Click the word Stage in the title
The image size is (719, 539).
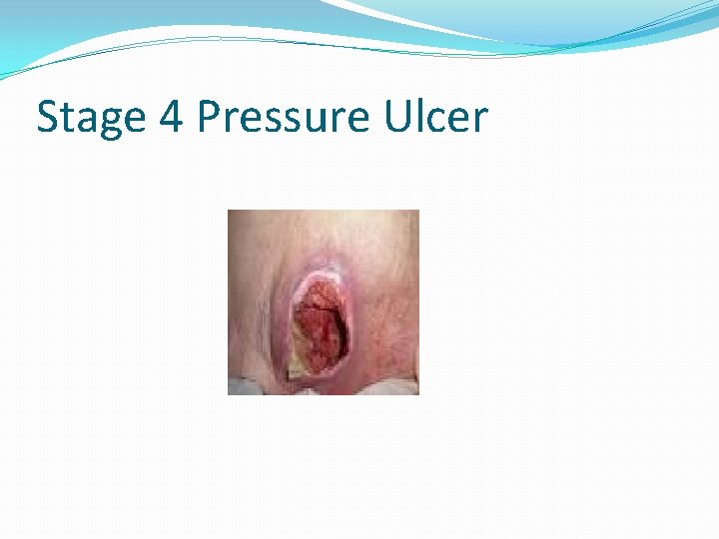click(x=91, y=118)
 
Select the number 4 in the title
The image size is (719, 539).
click(x=171, y=117)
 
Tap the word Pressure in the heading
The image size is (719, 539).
click(x=282, y=117)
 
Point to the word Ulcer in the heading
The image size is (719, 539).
click(x=435, y=117)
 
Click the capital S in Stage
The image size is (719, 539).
click(x=48, y=117)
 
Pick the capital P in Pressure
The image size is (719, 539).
click(x=209, y=117)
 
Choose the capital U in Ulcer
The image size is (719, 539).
click(x=395, y=117)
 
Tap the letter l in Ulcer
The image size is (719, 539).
click(x=419, y=115)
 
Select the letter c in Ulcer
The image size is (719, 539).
click(x=436, y=121)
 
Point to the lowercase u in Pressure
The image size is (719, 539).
click(x=318, y=121)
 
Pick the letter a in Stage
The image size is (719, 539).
click(x=85, y=121)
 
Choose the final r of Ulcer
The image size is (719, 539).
click(x=479, y=121)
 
